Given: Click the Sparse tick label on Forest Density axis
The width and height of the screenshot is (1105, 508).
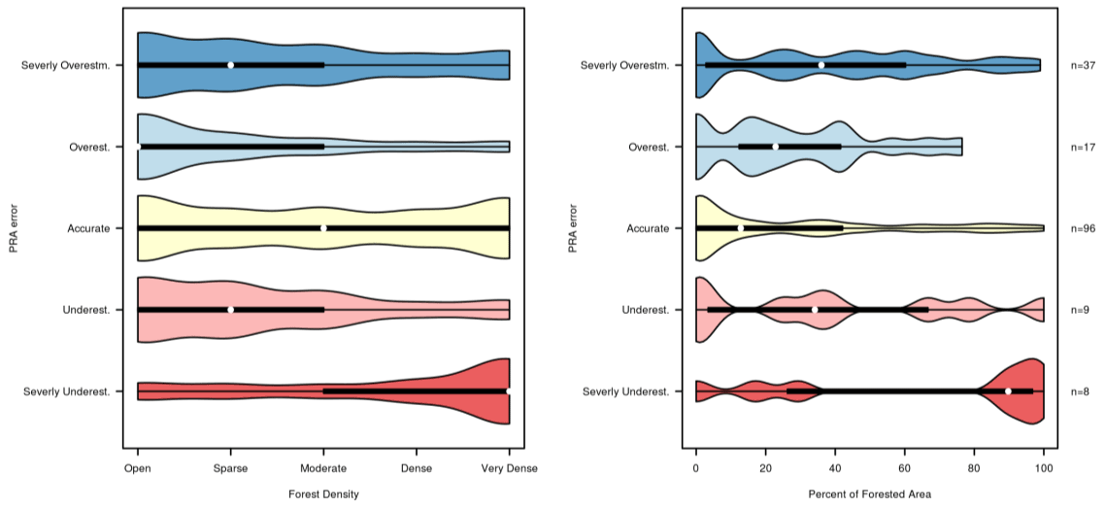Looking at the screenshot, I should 230,468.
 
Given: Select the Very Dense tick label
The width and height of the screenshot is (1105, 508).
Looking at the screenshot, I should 510,468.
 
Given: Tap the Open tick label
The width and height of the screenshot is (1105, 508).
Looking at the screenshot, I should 138,468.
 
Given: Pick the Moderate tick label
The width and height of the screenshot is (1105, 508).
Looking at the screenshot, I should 323,468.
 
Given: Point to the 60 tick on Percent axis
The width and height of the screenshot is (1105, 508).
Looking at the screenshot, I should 905,468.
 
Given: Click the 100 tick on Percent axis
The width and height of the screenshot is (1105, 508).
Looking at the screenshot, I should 1044,468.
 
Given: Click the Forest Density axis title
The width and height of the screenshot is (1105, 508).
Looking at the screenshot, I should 323,494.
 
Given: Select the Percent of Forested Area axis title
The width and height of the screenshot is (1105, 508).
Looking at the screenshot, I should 869,494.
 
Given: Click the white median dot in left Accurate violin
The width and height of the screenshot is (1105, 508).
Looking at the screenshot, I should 323,228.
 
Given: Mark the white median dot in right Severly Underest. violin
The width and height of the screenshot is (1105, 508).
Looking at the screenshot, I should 1009,391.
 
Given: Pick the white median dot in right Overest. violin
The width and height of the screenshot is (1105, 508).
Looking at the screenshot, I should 776,147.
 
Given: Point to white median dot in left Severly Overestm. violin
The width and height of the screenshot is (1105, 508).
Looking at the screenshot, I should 231,65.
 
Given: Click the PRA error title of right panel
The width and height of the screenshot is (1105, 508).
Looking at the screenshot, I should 573,228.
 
